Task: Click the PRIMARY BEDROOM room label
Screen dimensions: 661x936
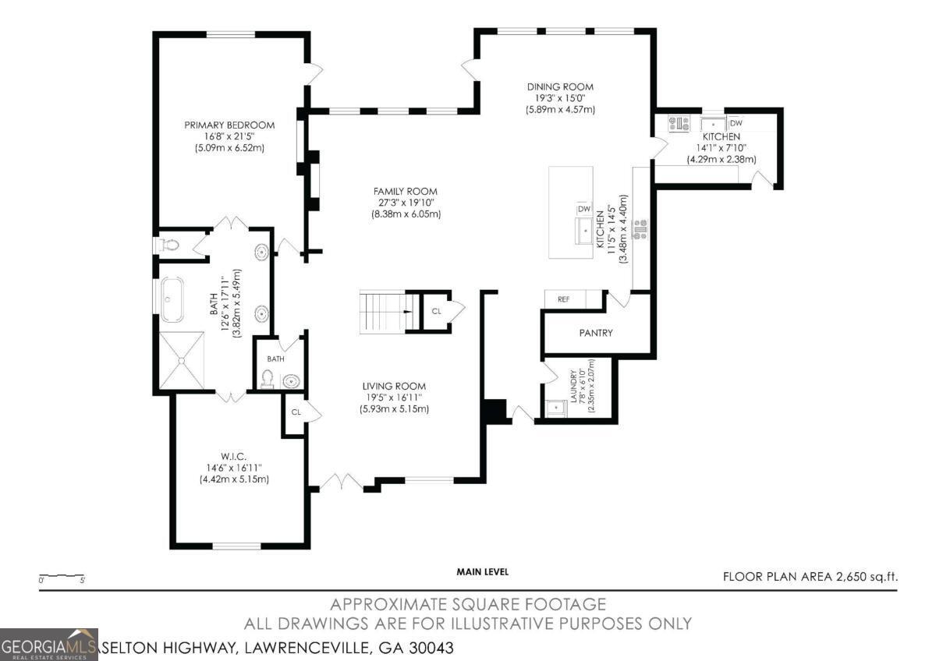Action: pos(229,125)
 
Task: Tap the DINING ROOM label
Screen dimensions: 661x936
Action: pos(560,87)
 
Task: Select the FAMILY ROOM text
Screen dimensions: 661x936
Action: pos(406,191)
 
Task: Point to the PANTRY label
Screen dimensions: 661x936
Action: pos(596,333)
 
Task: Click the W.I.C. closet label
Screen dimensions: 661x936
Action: pos(234,456)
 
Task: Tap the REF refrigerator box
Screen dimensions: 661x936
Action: pos(564,299)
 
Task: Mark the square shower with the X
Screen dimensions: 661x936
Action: pos(181,359)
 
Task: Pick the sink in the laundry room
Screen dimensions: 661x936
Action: pos(555,408)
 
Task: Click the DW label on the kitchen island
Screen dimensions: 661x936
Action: pos(583,209)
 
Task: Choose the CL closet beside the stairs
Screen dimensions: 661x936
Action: pos(437,311)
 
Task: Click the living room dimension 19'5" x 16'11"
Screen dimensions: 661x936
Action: pos(394,398)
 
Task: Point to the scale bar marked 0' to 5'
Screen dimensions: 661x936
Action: pos(62,578)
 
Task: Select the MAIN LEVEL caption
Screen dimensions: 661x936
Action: pos(482,571)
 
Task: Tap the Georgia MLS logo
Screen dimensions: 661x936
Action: pos(49,645)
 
